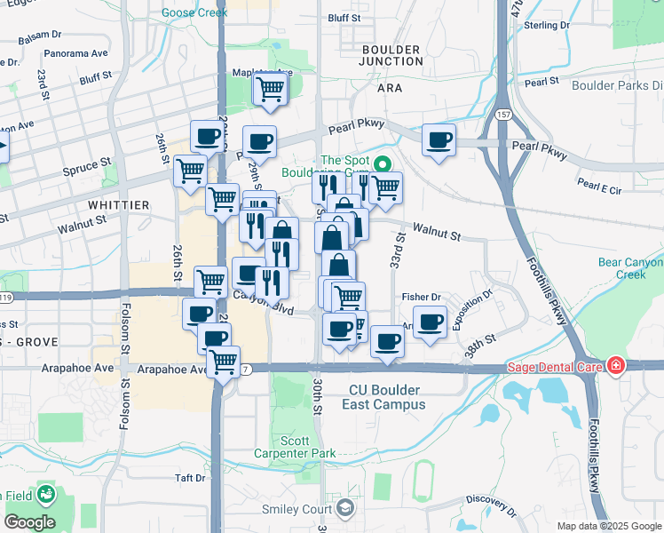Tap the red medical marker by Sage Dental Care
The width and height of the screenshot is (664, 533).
(x=615, y=366)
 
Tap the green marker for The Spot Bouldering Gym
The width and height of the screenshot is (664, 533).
(x=383, y=164)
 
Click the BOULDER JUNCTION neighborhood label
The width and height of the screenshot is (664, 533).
(x=391, y=55)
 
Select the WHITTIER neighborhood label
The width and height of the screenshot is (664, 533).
(x=119, y=204)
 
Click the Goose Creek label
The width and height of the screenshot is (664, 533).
(x=194, y=13)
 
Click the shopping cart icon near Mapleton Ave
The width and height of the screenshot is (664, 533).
(x=270, y=88)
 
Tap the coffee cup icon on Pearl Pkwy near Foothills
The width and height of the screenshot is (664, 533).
(x=439, y=139)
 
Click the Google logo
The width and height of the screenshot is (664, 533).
(x=28, y=522)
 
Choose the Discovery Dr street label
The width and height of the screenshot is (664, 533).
(x=490, y=504)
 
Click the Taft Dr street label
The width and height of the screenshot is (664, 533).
(x=190, y=478)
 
